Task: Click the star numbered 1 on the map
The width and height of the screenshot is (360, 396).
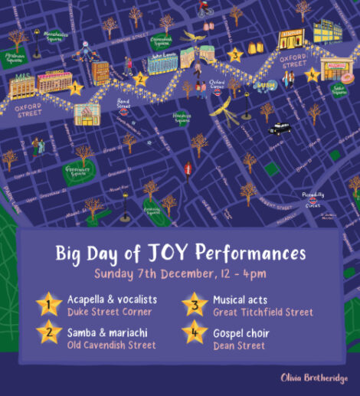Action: pyautogui.click(x=75, y=87)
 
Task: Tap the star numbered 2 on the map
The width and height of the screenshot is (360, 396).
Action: pyautogui.click(x=139, y=77)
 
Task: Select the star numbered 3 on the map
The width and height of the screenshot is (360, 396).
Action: pyautogui.click(x=236, y=55)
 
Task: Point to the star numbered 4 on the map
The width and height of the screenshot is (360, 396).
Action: pyautogui.click(x=311, y=74)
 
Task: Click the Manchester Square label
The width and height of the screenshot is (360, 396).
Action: pyautogui.click(x=56, y=36)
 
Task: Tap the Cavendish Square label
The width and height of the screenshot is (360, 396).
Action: pyautogui.click(x=162, y=40)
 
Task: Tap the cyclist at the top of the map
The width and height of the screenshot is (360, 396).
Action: pyautogui.click(x=205, y=9)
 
